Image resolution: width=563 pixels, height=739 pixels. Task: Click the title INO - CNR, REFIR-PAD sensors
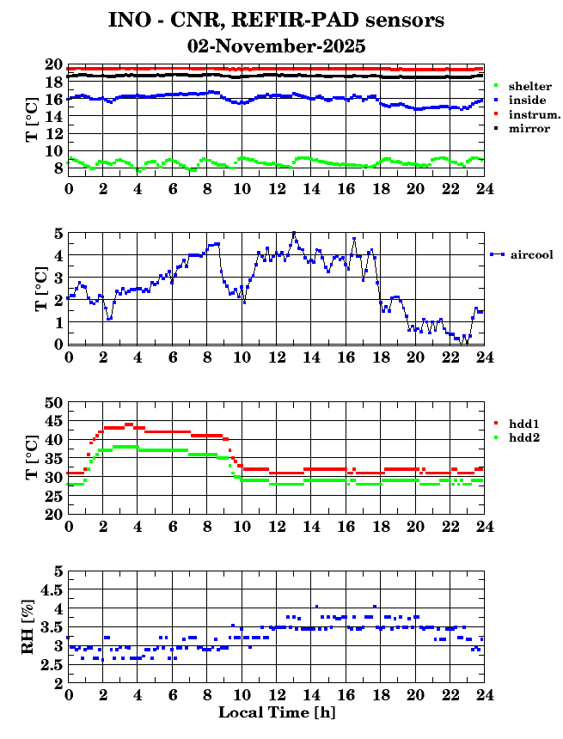(x=276, y=20)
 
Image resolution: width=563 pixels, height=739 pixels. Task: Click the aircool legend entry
(x=530, y=254)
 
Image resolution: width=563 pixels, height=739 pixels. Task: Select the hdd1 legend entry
(x=523, y=424)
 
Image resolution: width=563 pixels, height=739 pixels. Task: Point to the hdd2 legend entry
(x=523, y=437)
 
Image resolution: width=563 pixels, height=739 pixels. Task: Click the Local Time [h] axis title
(x=276, y=712)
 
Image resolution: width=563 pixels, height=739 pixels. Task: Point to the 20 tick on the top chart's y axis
(x=53, y=65)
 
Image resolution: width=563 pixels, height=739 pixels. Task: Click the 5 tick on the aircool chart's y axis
(x=58, y=233)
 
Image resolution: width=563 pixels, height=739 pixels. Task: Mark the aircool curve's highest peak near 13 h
(x=294, y=233)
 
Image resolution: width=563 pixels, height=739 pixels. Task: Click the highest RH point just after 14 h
(x=316, y=606)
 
